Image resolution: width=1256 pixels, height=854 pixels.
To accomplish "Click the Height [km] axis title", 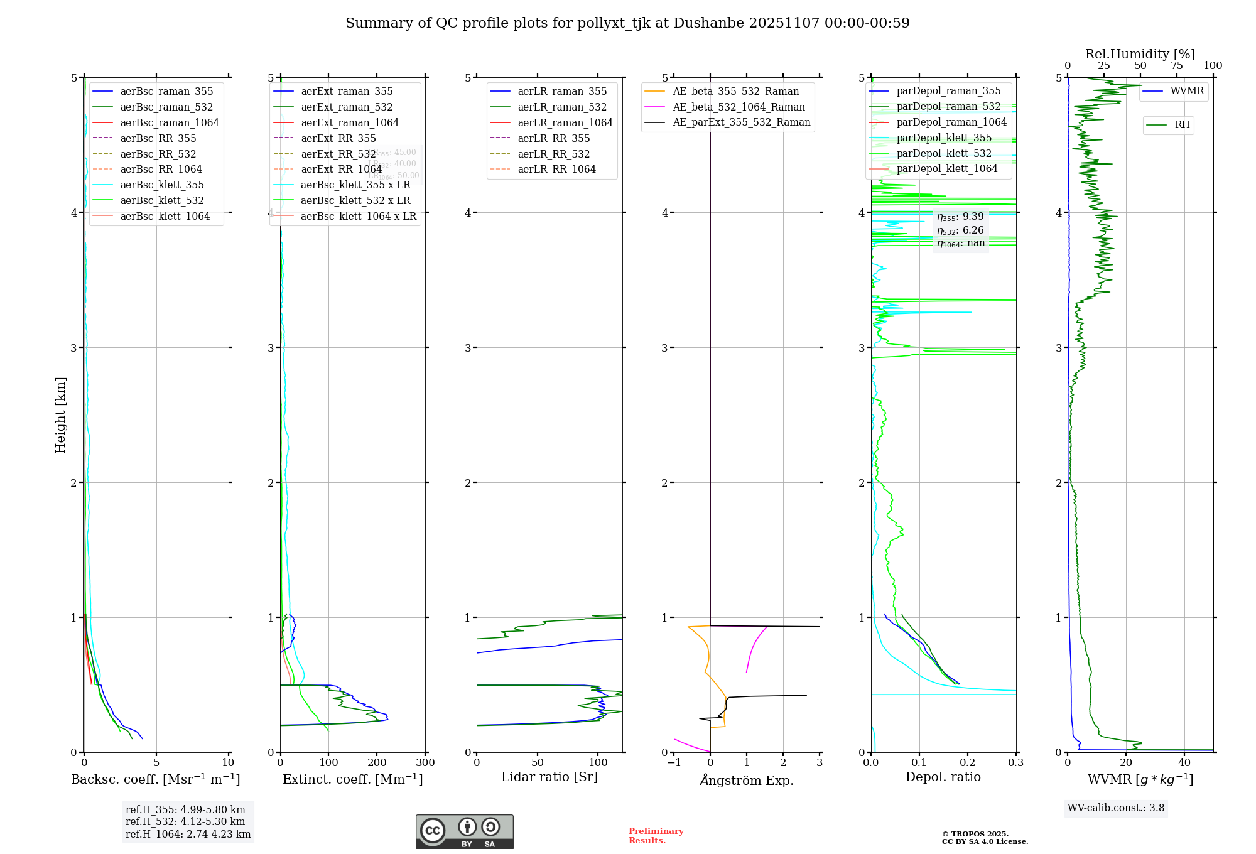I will click(x=60, y=415).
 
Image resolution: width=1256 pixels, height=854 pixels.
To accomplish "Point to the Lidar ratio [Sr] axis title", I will click(x=549, y=777).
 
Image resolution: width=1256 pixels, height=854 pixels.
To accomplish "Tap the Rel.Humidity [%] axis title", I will click(x=1140, y=54).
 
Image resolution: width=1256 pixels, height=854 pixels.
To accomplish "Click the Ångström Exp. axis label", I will click(x=747, y=780).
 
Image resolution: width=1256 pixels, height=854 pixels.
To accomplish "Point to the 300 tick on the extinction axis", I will click(x=426, y=763).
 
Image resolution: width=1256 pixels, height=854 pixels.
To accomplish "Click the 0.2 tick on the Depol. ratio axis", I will click(x=968, y=763).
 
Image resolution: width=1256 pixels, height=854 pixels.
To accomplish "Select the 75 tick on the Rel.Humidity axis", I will click(x=1177, y=66).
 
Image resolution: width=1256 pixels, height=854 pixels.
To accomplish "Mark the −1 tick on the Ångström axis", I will click(x=674, y=763).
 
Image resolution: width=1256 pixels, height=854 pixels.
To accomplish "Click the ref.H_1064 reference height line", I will click(x=188, y=835).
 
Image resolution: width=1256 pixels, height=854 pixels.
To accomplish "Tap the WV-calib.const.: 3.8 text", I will click(x=1116, y=808).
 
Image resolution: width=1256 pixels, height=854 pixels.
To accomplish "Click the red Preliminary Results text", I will click(x=656, y=836).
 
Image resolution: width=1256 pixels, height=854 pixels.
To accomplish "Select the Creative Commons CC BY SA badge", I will click(x=464, y=832).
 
